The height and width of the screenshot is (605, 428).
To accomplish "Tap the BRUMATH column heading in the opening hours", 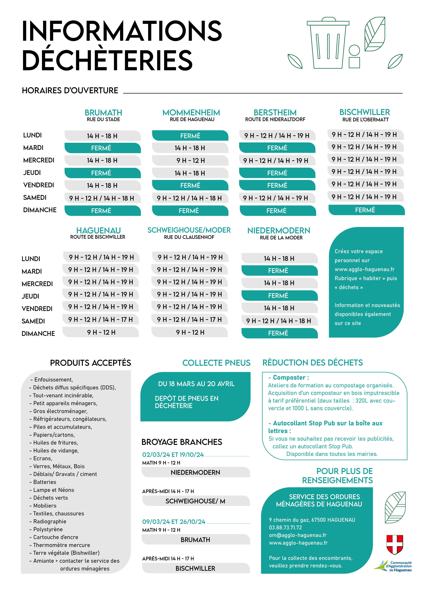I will click(103, 113).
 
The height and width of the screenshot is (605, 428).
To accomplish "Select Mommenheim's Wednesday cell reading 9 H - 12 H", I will click(190, 160).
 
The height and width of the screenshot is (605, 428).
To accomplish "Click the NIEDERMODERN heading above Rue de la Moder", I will click(279, 231).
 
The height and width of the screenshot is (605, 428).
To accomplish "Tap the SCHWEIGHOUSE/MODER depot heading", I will click(189, 230).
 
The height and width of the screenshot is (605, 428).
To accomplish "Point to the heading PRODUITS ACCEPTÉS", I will click(90, 363).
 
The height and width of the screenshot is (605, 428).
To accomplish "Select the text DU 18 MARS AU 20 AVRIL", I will click(196, 384).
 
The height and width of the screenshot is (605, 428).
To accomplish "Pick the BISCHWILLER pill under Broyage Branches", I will click(196, 568).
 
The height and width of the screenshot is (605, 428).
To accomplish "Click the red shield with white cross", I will click(395, 544).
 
